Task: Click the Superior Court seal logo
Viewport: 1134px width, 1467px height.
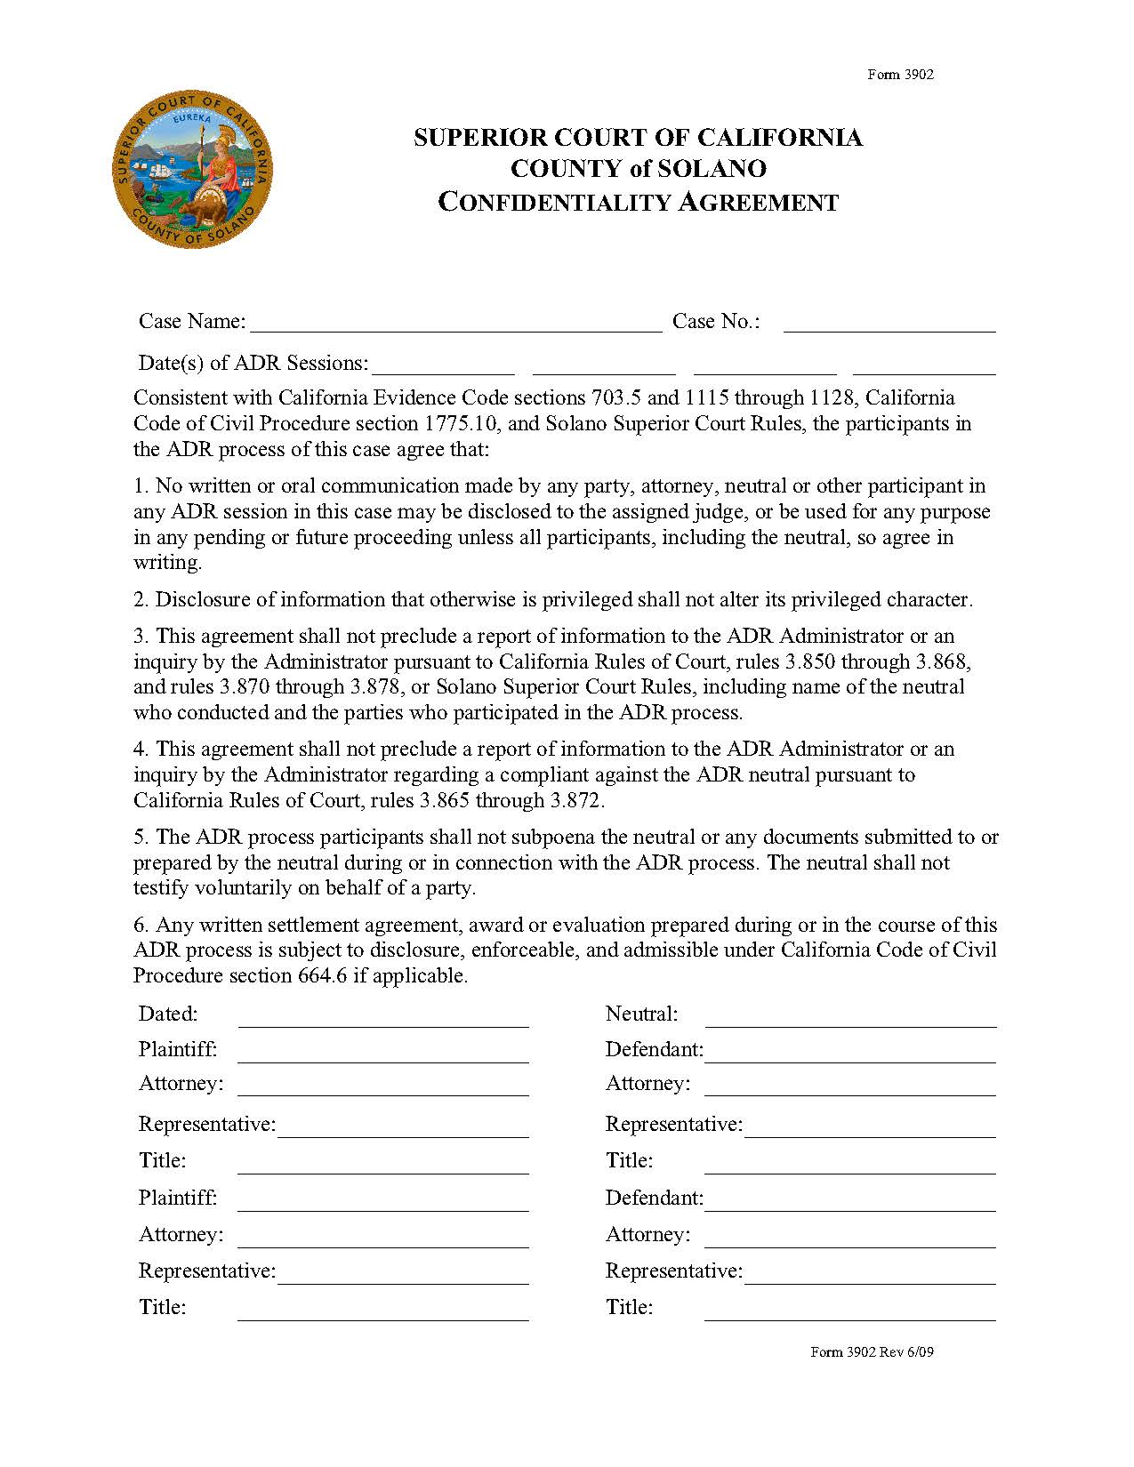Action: pyautogui.click(x=192, y=169)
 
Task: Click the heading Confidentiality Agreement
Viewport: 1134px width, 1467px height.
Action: pyautogui.click(x=638, y=203)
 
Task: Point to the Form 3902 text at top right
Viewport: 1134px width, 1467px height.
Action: pyautogui.click(x=900, y=75)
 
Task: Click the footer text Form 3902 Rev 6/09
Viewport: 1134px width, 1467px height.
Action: pyautogui.click(x=872, y=1352)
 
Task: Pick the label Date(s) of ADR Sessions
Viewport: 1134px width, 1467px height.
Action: pyautogui.click(x=253, y=363)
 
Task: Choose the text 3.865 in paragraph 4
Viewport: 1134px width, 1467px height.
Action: pyautogui.click(x=445, y=800)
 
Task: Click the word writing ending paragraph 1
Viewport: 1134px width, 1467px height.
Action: pyautogui.click(x=166, y=563)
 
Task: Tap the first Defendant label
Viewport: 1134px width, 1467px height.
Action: pyautogui.click(x=654, y=1050)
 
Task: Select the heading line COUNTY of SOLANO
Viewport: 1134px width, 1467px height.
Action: pyautogui.click(x=638, y=169)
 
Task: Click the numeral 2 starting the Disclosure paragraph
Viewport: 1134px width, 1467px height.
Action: pyautogui.click(x=140, y=600)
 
